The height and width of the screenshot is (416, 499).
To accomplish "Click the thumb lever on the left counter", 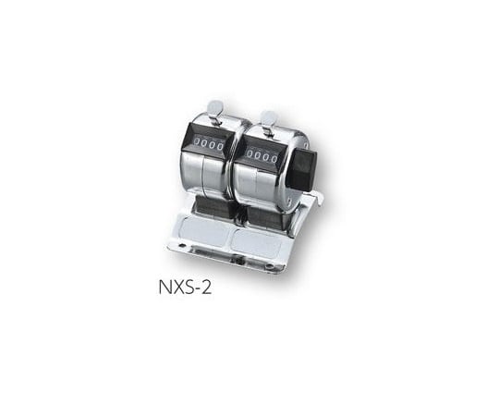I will pos(214,109).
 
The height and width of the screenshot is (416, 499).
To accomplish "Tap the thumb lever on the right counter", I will pos(267,118).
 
